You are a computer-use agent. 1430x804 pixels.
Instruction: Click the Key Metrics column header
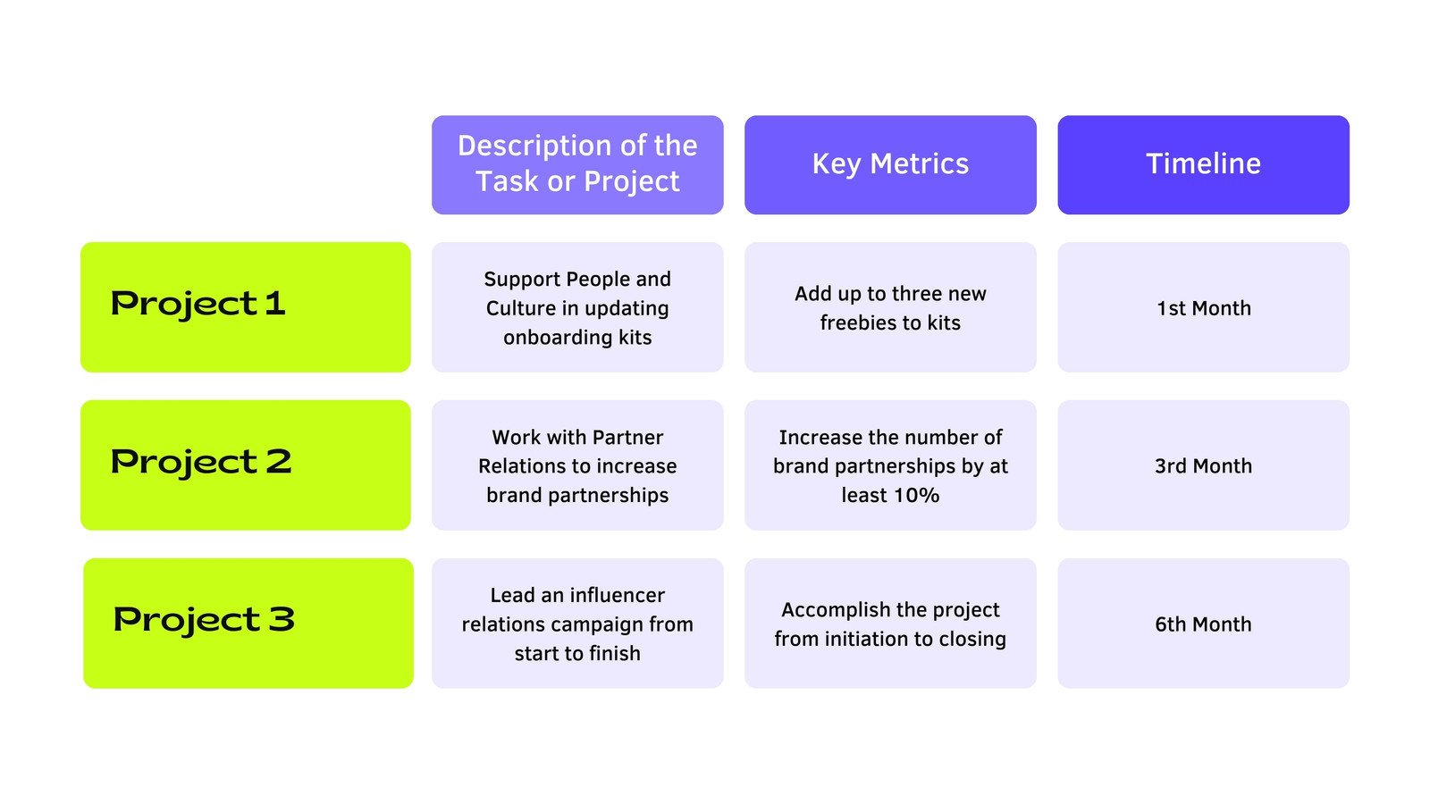coord(890,164)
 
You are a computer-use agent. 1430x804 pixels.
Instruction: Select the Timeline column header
coord(1203,164)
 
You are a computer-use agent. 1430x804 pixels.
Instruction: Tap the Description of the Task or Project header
coord(577,164)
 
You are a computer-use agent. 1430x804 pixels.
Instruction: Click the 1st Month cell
coord(1203,307)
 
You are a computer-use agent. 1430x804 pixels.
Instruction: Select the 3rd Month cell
coord(1203,465)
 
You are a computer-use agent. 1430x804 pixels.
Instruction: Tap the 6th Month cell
coord(1203,624)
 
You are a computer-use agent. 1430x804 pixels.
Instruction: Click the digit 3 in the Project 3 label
coord(282,619)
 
